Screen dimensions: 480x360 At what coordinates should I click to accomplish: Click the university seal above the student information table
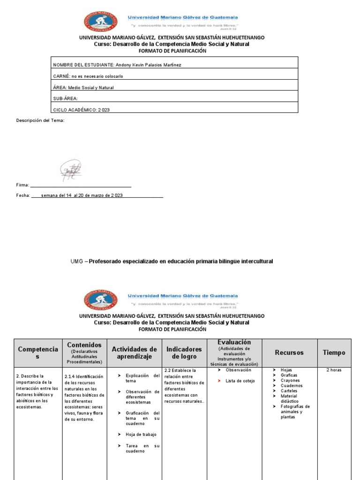pos(101,22)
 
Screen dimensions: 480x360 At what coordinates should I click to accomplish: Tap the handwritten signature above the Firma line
pos(71,171)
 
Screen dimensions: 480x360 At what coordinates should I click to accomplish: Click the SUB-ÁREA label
pos(65,98)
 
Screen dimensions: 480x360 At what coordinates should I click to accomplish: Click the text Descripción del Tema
pos(40,120)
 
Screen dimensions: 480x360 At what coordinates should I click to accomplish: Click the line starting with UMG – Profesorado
pos(172,261)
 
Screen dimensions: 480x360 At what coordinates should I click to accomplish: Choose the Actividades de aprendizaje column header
pos(134,353)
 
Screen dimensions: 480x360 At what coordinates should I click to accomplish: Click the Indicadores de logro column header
pos(184,353)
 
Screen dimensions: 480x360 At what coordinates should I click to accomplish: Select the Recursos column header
pos(289,352)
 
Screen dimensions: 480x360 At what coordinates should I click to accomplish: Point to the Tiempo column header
pos(334,352)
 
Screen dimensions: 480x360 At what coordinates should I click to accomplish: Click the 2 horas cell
pos(334,370)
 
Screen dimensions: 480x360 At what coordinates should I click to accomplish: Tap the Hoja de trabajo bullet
pos(141,435)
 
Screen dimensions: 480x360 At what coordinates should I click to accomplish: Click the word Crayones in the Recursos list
pos(290,381)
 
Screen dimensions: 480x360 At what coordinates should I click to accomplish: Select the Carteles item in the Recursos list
pos(289,391)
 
